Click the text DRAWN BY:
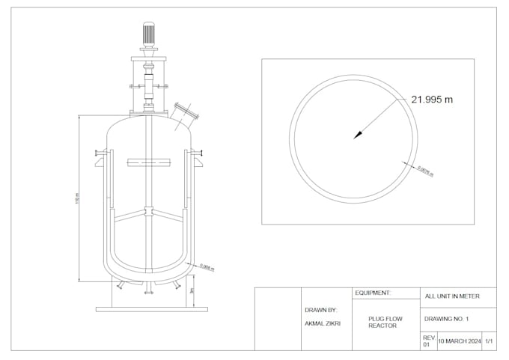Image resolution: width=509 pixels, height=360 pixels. (x=320, y=310)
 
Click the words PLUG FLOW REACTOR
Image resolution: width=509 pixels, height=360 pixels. (x=385, y=323)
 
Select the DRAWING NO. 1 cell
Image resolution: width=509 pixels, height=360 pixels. (x=446, y=319)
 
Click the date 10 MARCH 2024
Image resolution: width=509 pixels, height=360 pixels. (x=459, y=341)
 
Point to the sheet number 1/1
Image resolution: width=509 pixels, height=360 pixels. (x=489, y=341)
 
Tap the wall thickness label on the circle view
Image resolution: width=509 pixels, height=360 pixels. (x=424, y=170)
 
